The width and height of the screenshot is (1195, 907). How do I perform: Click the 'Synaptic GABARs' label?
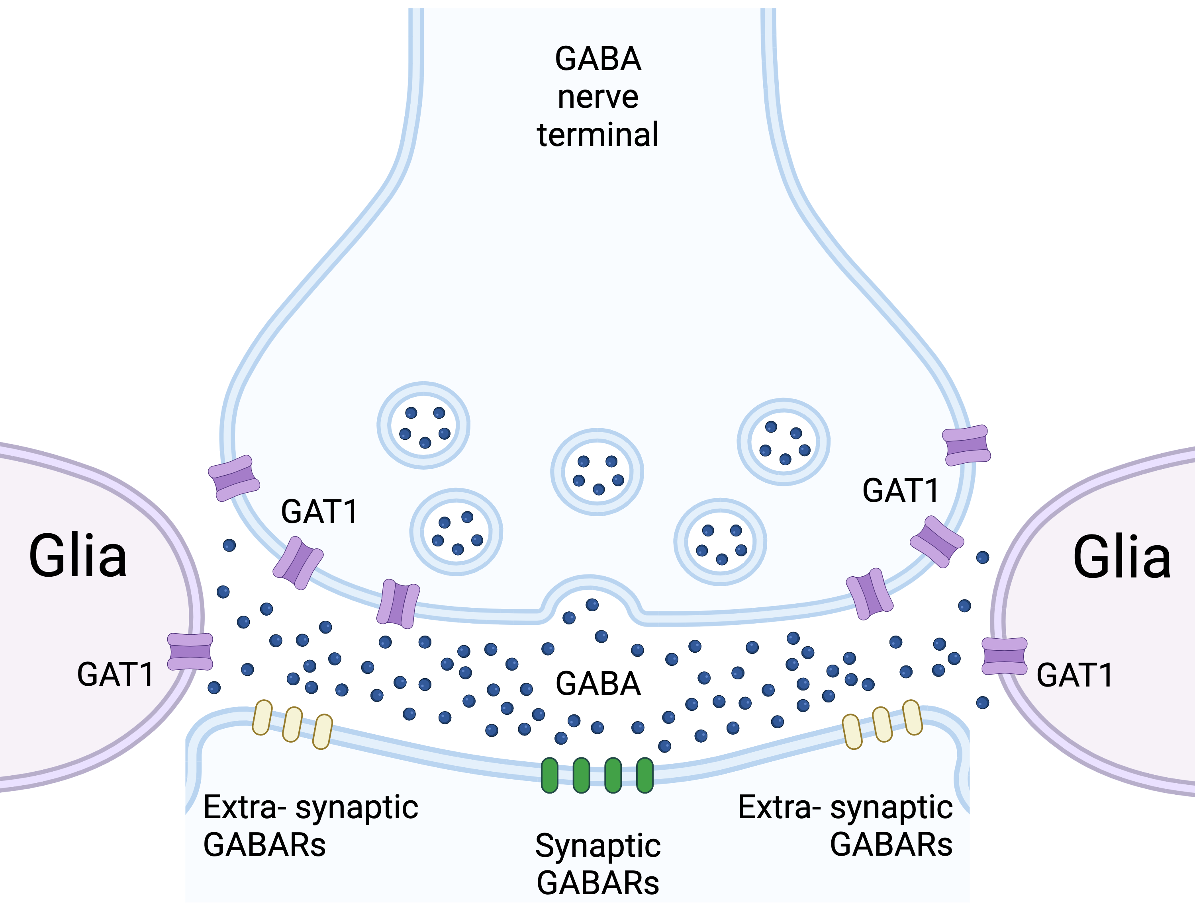(597, 864)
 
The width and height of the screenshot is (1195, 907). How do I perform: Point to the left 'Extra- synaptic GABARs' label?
(311, 826)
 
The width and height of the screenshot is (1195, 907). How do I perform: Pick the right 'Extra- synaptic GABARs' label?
(846, 826)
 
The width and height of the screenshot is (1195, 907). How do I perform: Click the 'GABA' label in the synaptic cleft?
(598, 684)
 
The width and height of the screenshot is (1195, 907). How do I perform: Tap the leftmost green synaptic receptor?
(549, 775)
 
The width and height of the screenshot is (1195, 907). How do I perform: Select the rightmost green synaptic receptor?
(645, 775)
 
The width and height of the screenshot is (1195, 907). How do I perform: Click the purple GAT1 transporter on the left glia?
(190, 651)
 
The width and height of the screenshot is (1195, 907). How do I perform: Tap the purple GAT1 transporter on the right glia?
(1004, 656)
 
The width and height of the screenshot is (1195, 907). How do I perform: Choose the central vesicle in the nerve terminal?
(597, 472)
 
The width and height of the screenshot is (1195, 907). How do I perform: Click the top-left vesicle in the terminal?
(423, 425)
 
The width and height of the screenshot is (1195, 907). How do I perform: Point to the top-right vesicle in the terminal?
(784, 442)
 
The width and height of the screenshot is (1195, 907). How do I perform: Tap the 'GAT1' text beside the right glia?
(1075, 675)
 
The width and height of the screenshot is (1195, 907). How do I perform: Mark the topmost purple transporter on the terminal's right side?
(966, 445)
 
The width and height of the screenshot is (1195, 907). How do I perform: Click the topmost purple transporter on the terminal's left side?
(234, 478)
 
